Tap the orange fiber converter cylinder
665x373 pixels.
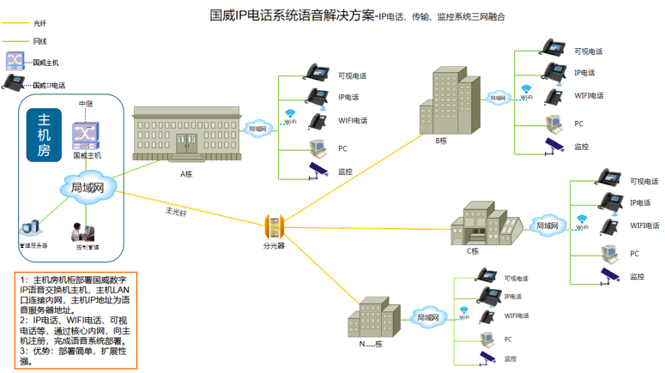[x=274, y=227]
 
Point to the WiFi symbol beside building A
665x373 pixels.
[x=290, y=113]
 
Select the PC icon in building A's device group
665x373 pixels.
[x=317, y=147]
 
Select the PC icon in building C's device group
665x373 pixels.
[x=609, y=254]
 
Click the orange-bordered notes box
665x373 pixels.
[x=76, y=319]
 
